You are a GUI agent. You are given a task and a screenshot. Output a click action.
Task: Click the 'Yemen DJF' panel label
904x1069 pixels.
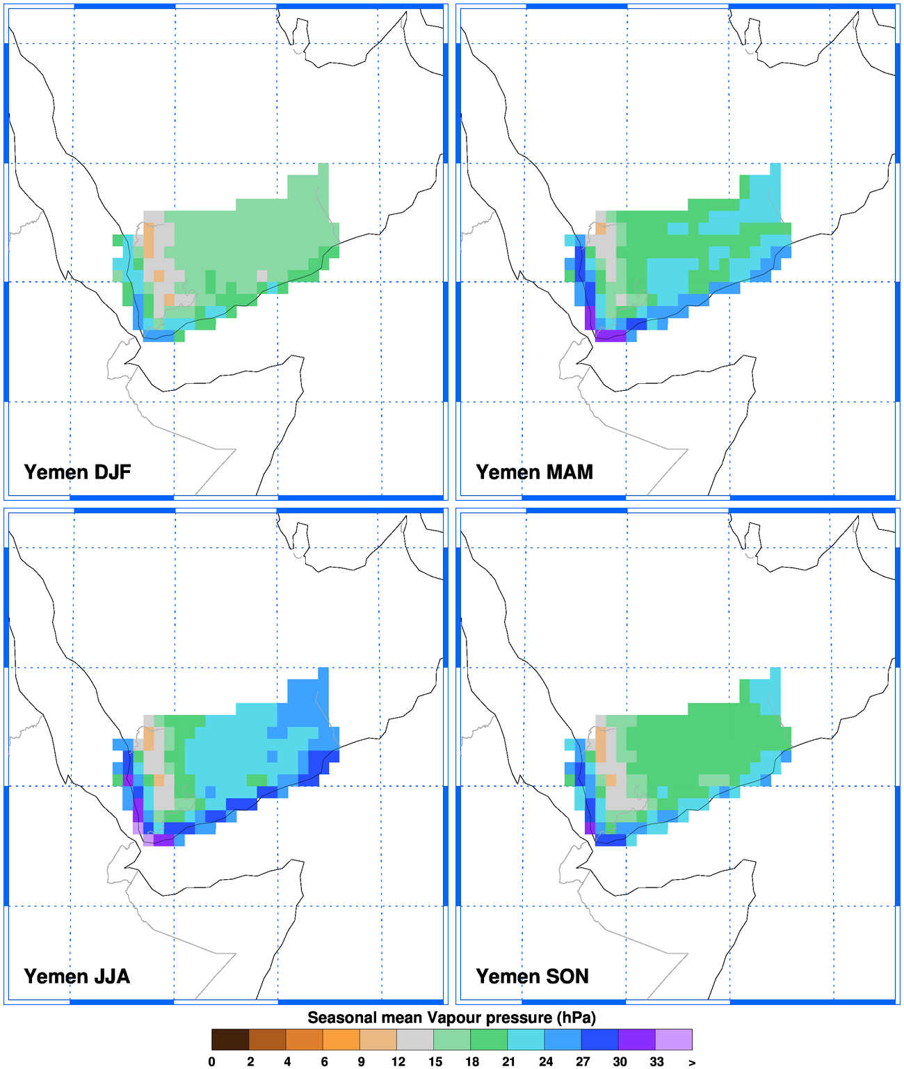click(77, 472)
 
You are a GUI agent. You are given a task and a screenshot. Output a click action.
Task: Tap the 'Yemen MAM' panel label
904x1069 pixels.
click(534, 472)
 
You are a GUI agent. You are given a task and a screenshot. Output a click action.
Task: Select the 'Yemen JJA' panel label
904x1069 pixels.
click(76, 976)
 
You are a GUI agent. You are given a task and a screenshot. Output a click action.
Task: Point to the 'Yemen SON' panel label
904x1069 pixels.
click(532, 976)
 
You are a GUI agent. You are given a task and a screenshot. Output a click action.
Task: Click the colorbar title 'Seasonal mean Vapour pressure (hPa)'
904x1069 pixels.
click(451, 1018)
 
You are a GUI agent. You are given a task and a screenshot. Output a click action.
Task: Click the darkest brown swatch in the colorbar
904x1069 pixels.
click(230, 1039)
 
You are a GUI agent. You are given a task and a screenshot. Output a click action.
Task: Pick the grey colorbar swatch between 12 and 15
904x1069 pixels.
click(415, 1039)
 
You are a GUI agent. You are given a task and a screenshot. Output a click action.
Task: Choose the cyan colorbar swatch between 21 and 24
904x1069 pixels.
click(526, 1039)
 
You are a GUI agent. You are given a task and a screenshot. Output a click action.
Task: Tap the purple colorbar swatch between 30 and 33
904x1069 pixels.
click(637, 1039)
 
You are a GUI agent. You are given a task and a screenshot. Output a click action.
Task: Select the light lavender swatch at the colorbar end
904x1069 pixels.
click(674, 1039)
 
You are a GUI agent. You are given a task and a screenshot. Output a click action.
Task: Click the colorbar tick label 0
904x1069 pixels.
click(212, 1061)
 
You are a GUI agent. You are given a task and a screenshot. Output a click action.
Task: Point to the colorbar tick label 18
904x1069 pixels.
click(472, 1061)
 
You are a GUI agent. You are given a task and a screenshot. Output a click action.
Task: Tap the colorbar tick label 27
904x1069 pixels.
click(583, 1061)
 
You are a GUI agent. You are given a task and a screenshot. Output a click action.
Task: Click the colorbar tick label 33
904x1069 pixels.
click(656, 1061)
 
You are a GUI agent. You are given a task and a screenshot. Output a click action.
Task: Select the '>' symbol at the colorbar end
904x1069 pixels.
click(691, 1062)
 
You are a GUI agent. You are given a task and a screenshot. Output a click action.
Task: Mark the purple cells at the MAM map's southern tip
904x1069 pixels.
click(610, 336)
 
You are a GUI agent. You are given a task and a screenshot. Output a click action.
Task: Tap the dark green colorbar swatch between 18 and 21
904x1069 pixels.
click(489, 1039)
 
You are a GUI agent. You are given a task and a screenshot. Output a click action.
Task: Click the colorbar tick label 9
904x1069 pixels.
click(361, 1061)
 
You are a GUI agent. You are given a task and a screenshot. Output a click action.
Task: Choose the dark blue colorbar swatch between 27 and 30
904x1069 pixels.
click(600, 1039)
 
